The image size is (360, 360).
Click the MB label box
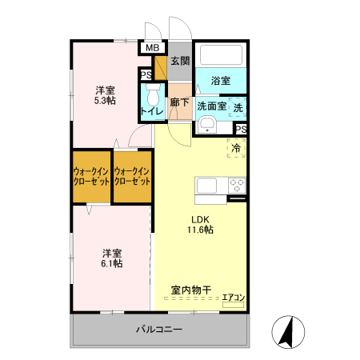tap(150, 47)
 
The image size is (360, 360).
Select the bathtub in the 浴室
tap(220, 55)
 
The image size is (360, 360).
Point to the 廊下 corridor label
tap(180, 103)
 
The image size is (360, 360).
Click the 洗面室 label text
tap(212, 105)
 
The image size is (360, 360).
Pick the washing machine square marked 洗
tap(238, 106)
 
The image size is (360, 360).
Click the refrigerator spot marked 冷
tap(237, 147)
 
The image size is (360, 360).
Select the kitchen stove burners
tap(237, 185)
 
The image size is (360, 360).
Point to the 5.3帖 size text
tap(106, 101)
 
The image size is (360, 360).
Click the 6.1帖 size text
tap(111, 262)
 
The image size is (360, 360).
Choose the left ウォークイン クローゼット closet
tap(91, 177)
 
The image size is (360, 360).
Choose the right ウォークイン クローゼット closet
tap(132, 177)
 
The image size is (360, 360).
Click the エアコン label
tap(234, 298)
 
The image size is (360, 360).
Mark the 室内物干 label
tap(190, 290)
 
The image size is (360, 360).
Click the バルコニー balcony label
tap(158, 330)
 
